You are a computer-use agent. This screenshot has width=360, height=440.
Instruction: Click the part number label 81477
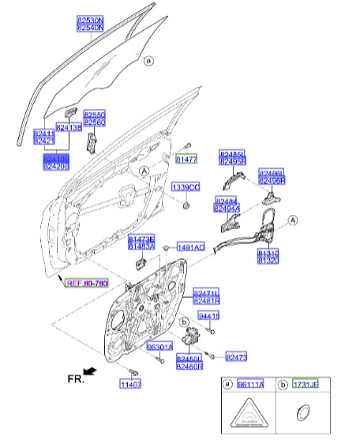[x=186, y=160]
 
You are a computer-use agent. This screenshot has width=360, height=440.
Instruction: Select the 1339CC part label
[x=186, y=186]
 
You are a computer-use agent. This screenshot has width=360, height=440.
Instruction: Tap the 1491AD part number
[x=190, y=247]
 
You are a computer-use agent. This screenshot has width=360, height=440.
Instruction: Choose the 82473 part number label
[x=238, y=357]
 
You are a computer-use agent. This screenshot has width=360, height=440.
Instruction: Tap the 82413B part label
[x=69, y=127]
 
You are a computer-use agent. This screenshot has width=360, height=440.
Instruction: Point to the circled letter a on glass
[x=148, y=59]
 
